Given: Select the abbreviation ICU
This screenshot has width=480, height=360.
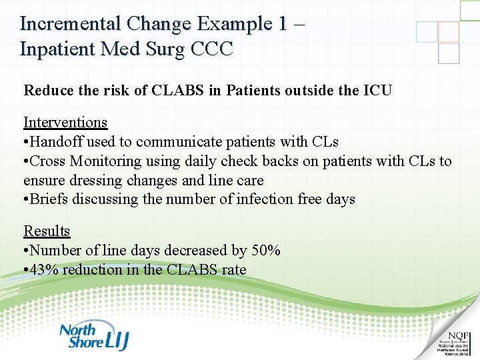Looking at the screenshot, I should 376,89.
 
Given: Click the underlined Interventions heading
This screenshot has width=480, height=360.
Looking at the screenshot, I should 65,123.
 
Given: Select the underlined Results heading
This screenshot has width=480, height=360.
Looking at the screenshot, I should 47,231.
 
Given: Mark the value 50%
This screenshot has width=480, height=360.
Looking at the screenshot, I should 266,251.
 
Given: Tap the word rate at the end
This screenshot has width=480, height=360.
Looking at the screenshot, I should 234,270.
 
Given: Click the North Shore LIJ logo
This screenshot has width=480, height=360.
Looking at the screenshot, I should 93,337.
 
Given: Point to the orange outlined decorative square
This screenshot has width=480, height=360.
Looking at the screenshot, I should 449,32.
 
